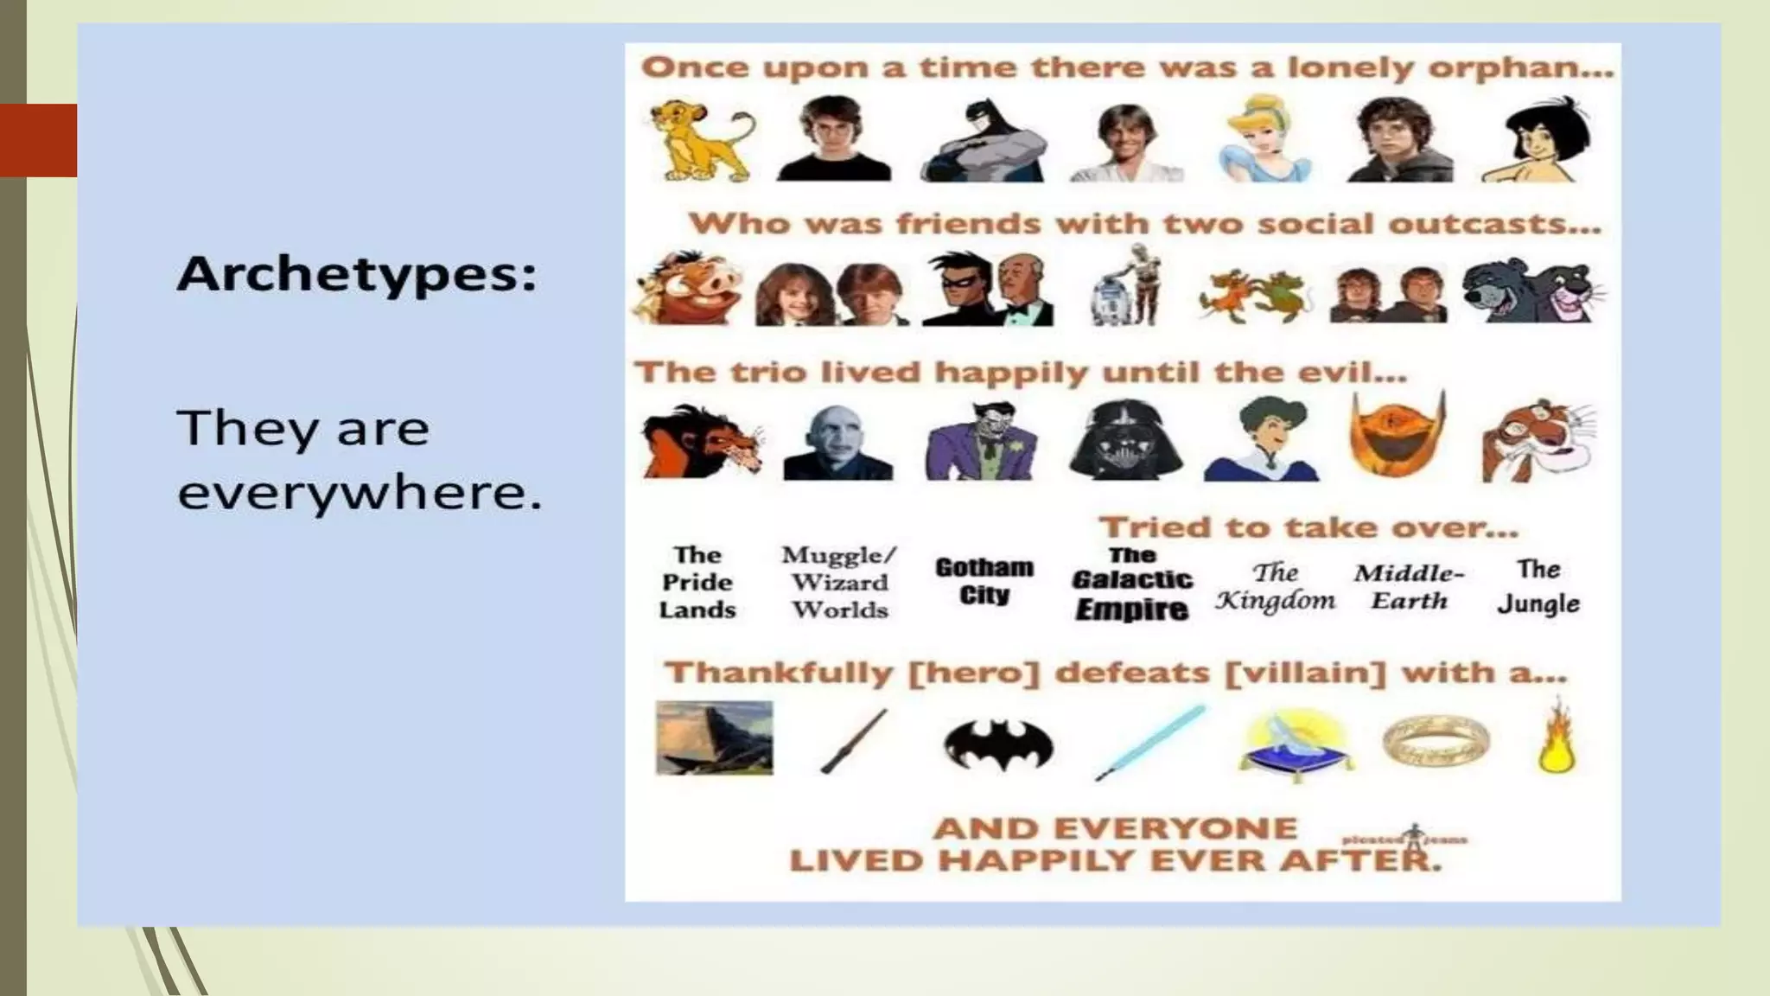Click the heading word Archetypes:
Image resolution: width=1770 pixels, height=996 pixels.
[x=357, y=274]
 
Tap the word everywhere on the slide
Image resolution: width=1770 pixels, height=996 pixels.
[x=359, y=493]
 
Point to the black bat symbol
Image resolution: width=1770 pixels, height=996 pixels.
[x=997, y=744]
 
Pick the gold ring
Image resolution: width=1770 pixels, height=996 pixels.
[x=1435, y=740]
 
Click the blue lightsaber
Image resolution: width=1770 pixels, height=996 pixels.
[x=1150, y=742]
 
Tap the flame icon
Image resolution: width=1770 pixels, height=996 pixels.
[x=1556, y=739]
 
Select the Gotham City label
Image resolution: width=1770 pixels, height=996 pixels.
[x=984, y=581]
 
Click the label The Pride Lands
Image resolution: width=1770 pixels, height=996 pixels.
[x=697, y=582]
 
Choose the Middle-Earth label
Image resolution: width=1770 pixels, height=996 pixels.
[x=1409, y=586]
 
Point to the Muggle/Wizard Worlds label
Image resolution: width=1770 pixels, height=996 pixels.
[x=839, y=582]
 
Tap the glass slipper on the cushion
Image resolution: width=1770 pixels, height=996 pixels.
[x=1295, y=744]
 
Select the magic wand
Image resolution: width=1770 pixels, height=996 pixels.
[x=853, y=742]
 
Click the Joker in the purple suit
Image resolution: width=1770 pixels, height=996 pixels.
[x=982, y=441]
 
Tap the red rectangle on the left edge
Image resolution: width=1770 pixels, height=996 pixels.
[x=38, y=140]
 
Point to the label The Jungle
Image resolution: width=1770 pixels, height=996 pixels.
[x=1538, y=586]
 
